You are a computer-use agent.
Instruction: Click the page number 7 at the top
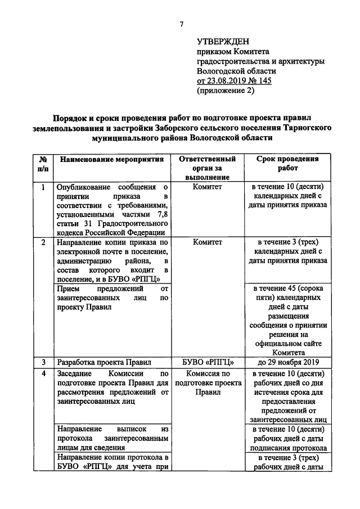(x=182, y=24)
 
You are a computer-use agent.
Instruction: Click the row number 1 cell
(x=43, y=187)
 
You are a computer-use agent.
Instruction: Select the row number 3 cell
(x=43, y=362)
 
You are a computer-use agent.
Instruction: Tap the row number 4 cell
(x=43, y=373)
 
